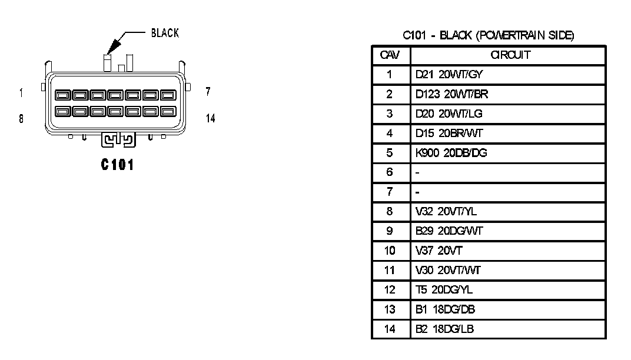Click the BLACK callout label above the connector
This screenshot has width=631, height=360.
click(x=165, y=33)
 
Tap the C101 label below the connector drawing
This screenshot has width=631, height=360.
click(x=117, y=165)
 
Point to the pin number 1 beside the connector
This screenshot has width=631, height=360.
click(x=21, y=92)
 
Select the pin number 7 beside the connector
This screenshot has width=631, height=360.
click(x=208, y=92)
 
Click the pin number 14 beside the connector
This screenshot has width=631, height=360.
click(x=210, y=118)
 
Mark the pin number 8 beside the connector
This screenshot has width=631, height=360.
click(x=21, y=118)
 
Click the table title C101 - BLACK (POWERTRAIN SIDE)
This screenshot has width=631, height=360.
click(x=488, y=36)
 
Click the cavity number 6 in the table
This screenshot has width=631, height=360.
click(x=390, y=172)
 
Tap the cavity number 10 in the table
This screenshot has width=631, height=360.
click(x=390, y=251)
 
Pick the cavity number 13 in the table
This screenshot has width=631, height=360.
click(x=390, y=309)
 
